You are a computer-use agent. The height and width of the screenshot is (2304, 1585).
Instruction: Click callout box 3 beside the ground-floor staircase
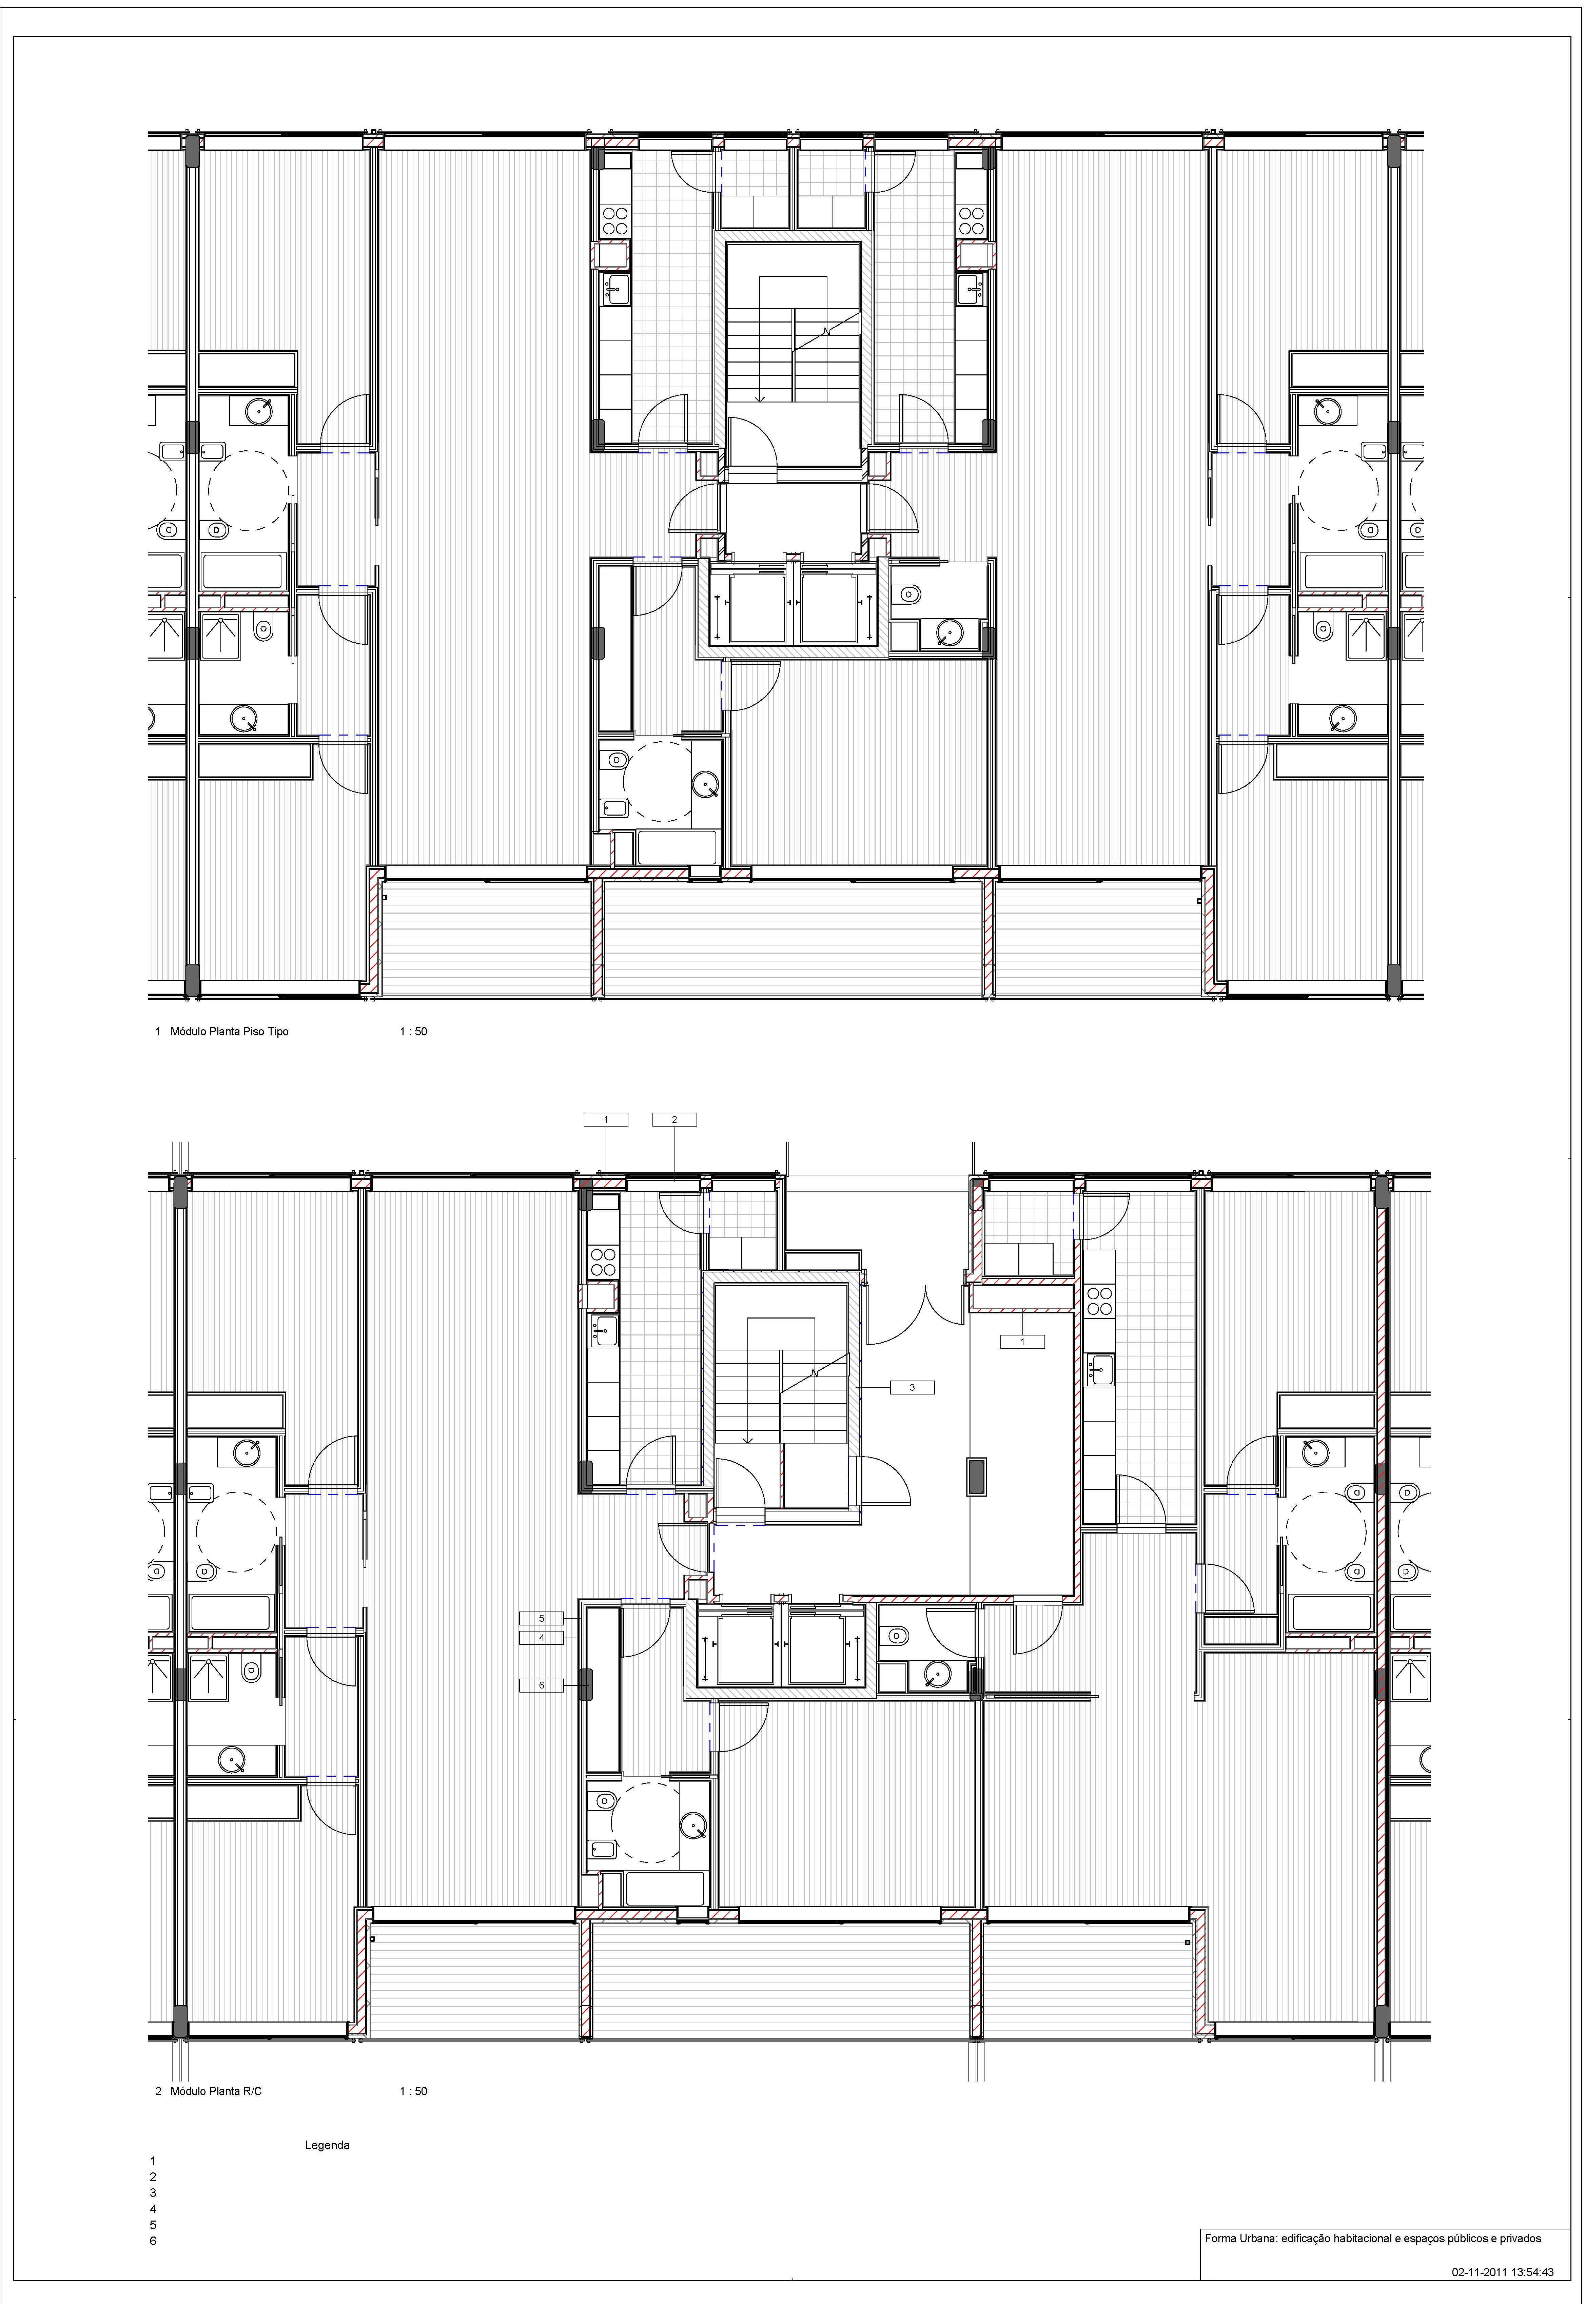[x=912, y=1387]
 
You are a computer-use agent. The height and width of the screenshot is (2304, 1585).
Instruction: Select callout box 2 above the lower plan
[x=674, y=1119]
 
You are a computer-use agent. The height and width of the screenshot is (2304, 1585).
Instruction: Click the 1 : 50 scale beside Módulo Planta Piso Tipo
[x=413, y=1032]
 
